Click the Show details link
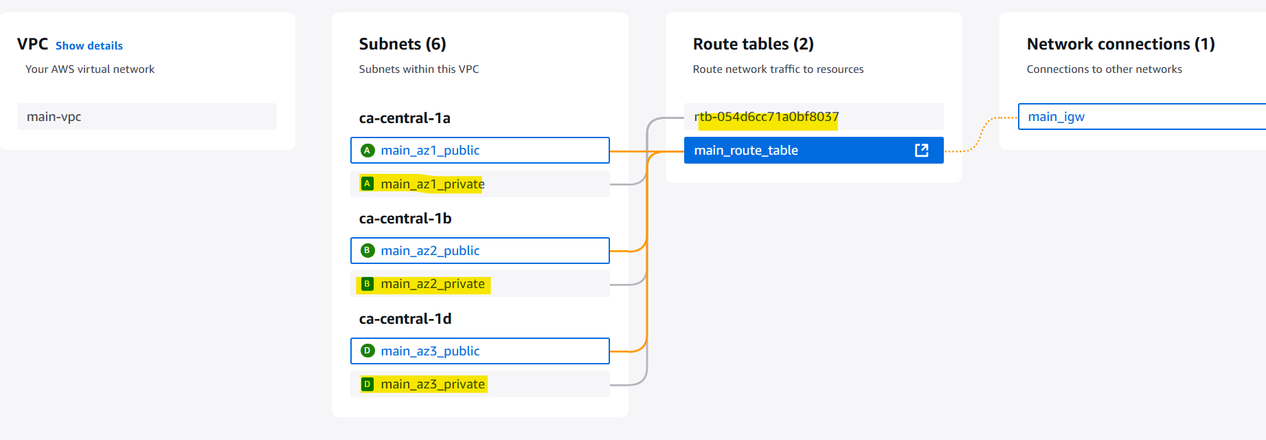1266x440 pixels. coord(89,46)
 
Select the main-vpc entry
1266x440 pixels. coord(147,117)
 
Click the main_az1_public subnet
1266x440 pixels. coord(480,151)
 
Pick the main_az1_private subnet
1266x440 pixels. coord(480,184)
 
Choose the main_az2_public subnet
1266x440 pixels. coord(480,251)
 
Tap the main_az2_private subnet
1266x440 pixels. coord(480,284)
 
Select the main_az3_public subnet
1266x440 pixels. coord(480,351)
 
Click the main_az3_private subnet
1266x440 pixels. coord(480,384)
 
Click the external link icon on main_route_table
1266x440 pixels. coord(922,151)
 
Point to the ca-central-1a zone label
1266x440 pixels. coord(405,118)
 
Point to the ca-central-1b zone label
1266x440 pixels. coord(405,219)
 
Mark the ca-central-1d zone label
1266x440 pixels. coord(405,319)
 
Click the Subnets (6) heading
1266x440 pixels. coord(403,45)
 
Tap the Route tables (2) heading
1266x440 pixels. coord(754,45)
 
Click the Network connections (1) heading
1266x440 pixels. coord(1121,45)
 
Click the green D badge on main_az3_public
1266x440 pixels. coord(368,351)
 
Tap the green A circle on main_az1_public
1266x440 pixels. coord(368,151)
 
